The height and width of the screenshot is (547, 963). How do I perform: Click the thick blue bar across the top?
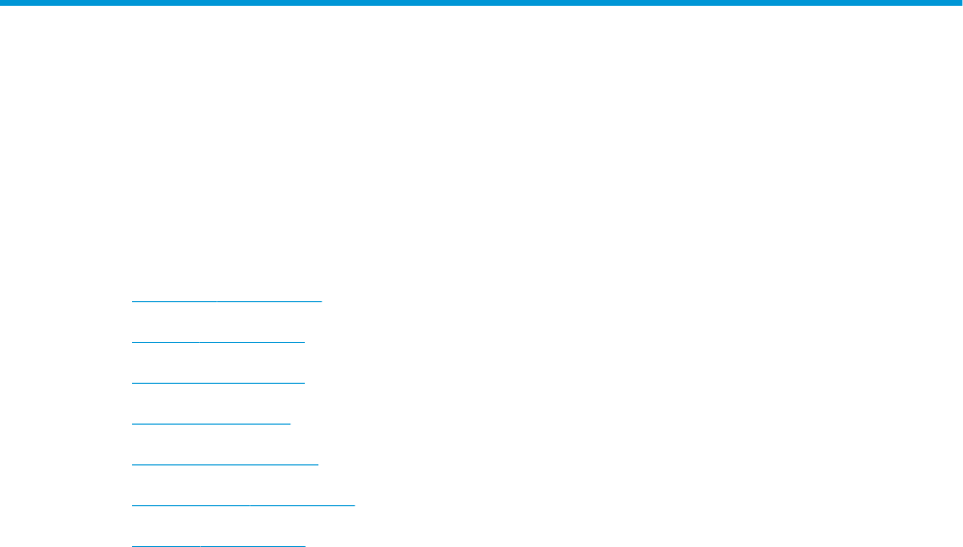[481, 3]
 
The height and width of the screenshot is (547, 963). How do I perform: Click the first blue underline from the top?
[226, 300]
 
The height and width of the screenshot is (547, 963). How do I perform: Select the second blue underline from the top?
[217, 341]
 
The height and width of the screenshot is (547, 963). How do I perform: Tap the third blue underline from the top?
[217, 382]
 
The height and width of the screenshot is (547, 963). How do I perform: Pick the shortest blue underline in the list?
[211, 423]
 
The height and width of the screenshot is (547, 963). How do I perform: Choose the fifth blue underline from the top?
[224, 463]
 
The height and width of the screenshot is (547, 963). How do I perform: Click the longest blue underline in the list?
[243, 504]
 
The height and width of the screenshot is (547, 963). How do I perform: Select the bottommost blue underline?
[217, 545]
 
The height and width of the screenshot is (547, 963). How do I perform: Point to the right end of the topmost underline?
[320, 300]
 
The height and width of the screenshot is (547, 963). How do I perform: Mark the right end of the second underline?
[304, 341]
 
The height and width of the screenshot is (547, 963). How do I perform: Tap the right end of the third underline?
[304, 382]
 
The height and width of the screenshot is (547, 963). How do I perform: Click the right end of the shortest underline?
[289, 423]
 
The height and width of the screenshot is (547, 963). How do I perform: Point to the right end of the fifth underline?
[317, 463]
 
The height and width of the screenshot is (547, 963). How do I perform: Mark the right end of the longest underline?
[354, 504]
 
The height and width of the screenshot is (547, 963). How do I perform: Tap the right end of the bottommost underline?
[304, 545]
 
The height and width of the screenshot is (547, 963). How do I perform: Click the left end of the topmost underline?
[132, 300]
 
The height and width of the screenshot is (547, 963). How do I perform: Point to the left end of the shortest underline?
[132, 423]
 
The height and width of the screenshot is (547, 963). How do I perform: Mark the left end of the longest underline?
[132, 504]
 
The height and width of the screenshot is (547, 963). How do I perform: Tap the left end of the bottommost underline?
[132, 545]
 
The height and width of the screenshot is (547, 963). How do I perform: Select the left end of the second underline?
[132, 341]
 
